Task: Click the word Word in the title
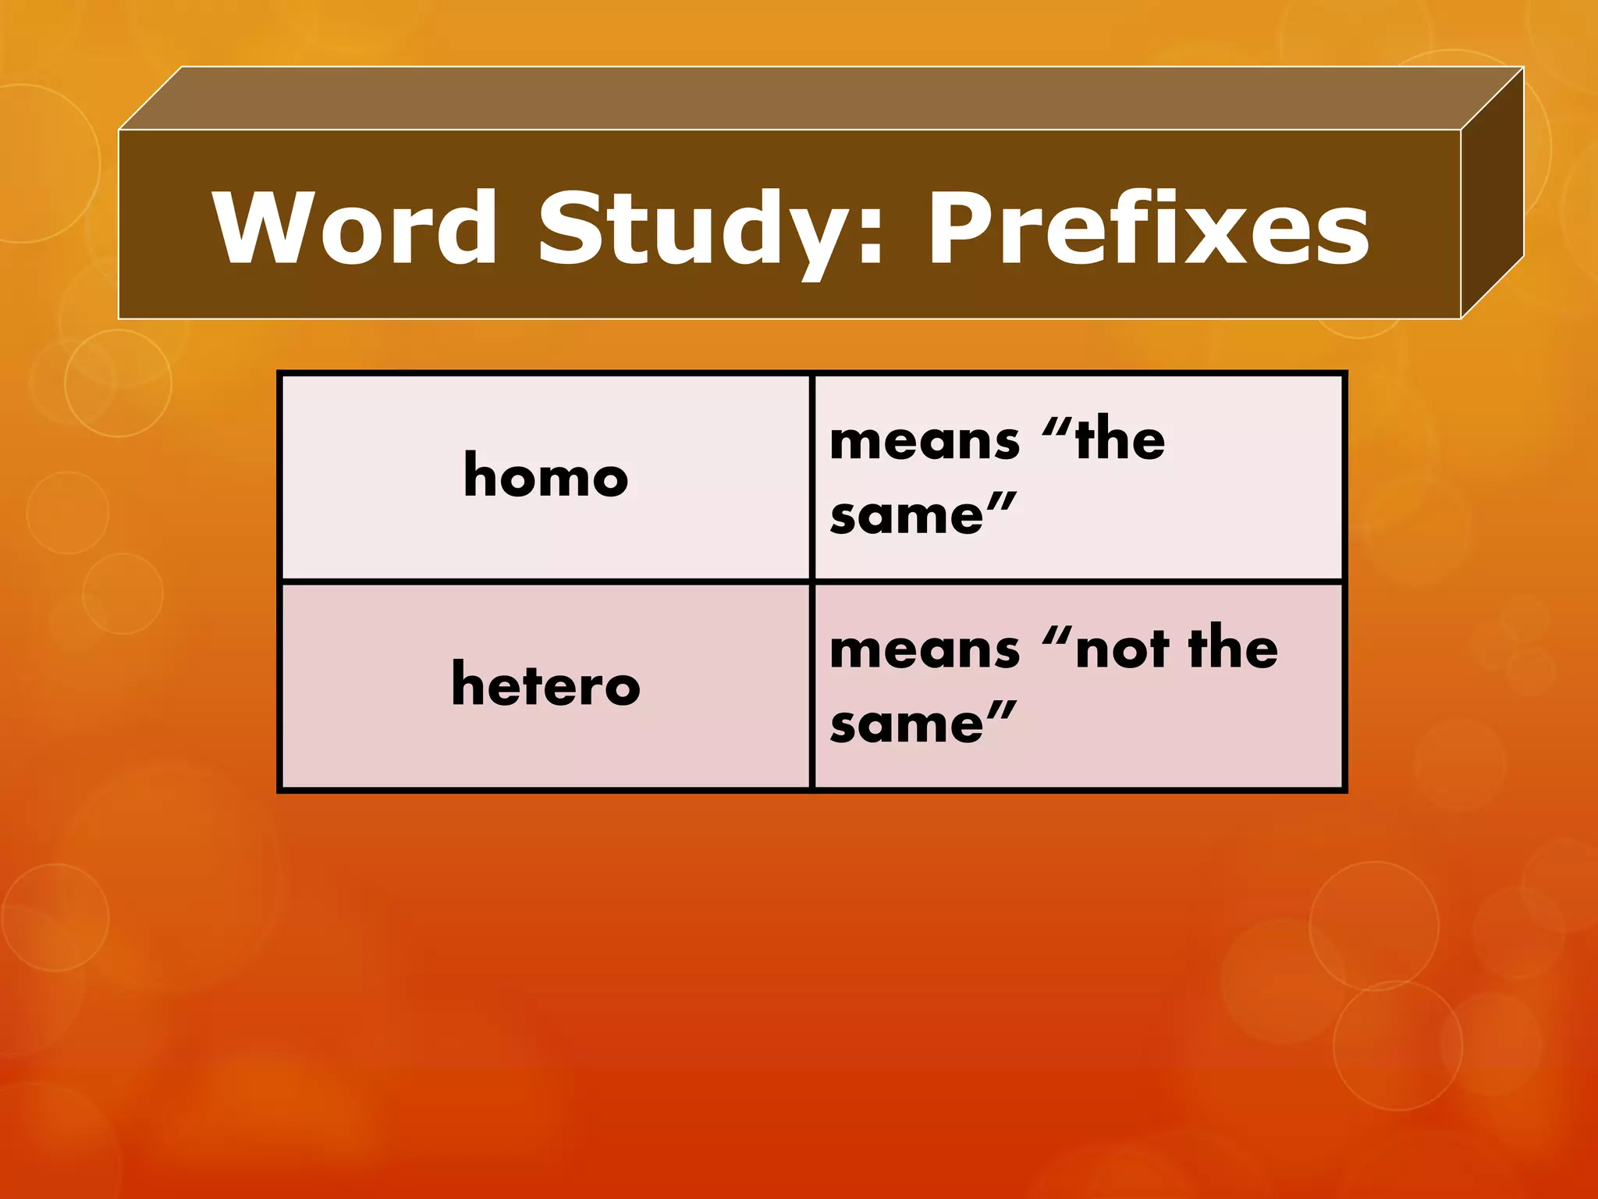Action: (x=355, y=228)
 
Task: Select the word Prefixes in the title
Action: (x=1147, y=228)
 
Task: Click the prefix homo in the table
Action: (x=545, y=475)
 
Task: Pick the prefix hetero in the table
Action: (x=545, y=684)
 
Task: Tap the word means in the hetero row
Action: (x=925, y=649)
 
